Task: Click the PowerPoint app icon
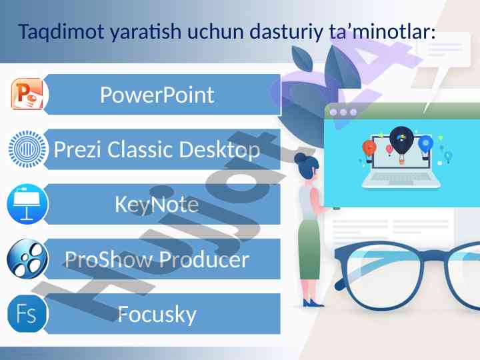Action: (x=27, y=94)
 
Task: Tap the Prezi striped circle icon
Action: (x=27, y=149)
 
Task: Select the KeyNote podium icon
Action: (x=27, y=204)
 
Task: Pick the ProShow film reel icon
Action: (x=27, y=259)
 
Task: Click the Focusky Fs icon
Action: (x=27, y=314)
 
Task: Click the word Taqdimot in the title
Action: (x=61, y=32)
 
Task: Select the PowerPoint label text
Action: (x=157, y=95)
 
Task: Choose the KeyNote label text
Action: (x=157, y=205)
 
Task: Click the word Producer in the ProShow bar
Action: (x=204, y=259)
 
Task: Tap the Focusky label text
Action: (x=157, y=315)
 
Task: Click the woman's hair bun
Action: (x=300, y=158)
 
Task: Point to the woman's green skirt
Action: (x=309, y=249)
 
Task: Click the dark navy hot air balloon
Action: (x=401, y=140)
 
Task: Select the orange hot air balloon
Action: (x=369, y=148)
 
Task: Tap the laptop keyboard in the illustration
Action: (x=401, y=178)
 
